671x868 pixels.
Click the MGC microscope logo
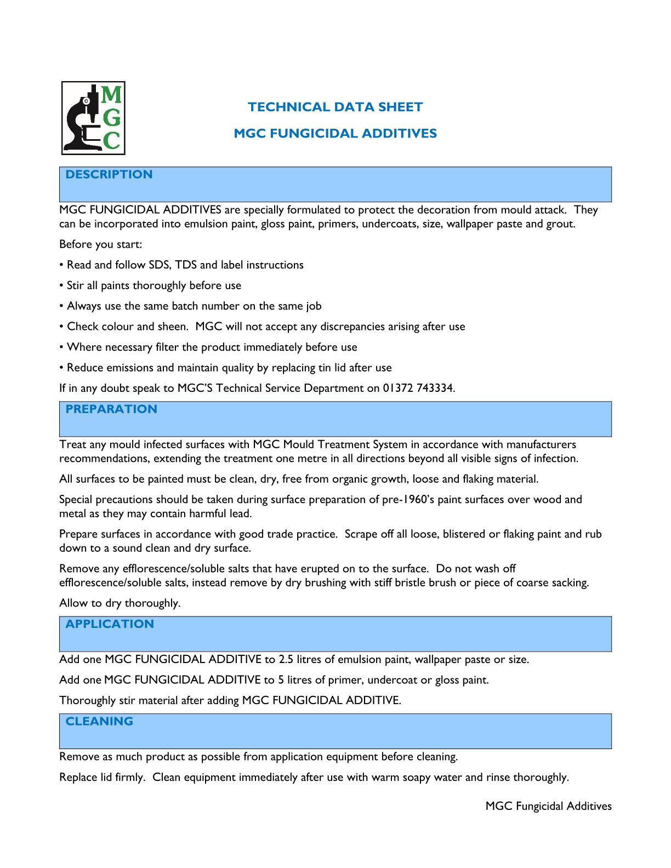pyautogui.click(x=93, y=118)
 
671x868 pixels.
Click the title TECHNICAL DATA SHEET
pyautogui.click(x=335, y=107)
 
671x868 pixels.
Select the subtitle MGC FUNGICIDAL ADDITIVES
pyautogui.click(x=335, y=133)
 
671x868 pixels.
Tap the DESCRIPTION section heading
pyautogui.click(x=109, y=174)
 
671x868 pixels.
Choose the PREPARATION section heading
pyautogui.click(x=111, y=409)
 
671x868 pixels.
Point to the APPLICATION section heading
pyautogui.click(x=110, y=624)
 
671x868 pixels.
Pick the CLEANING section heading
pyautogui.click(x=99, y=721)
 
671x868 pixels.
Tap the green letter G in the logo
pyautogui.click(x=111, y=118)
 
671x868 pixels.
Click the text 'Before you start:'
pyautogui.click(x=101, y=244)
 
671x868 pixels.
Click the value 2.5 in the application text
pyautogui.click(x=286, y=659)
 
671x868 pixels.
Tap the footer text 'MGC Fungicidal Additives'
pyautogui.click(x=548, y=806)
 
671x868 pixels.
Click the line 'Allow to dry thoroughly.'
pyautogui.click(x=120, y=603)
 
